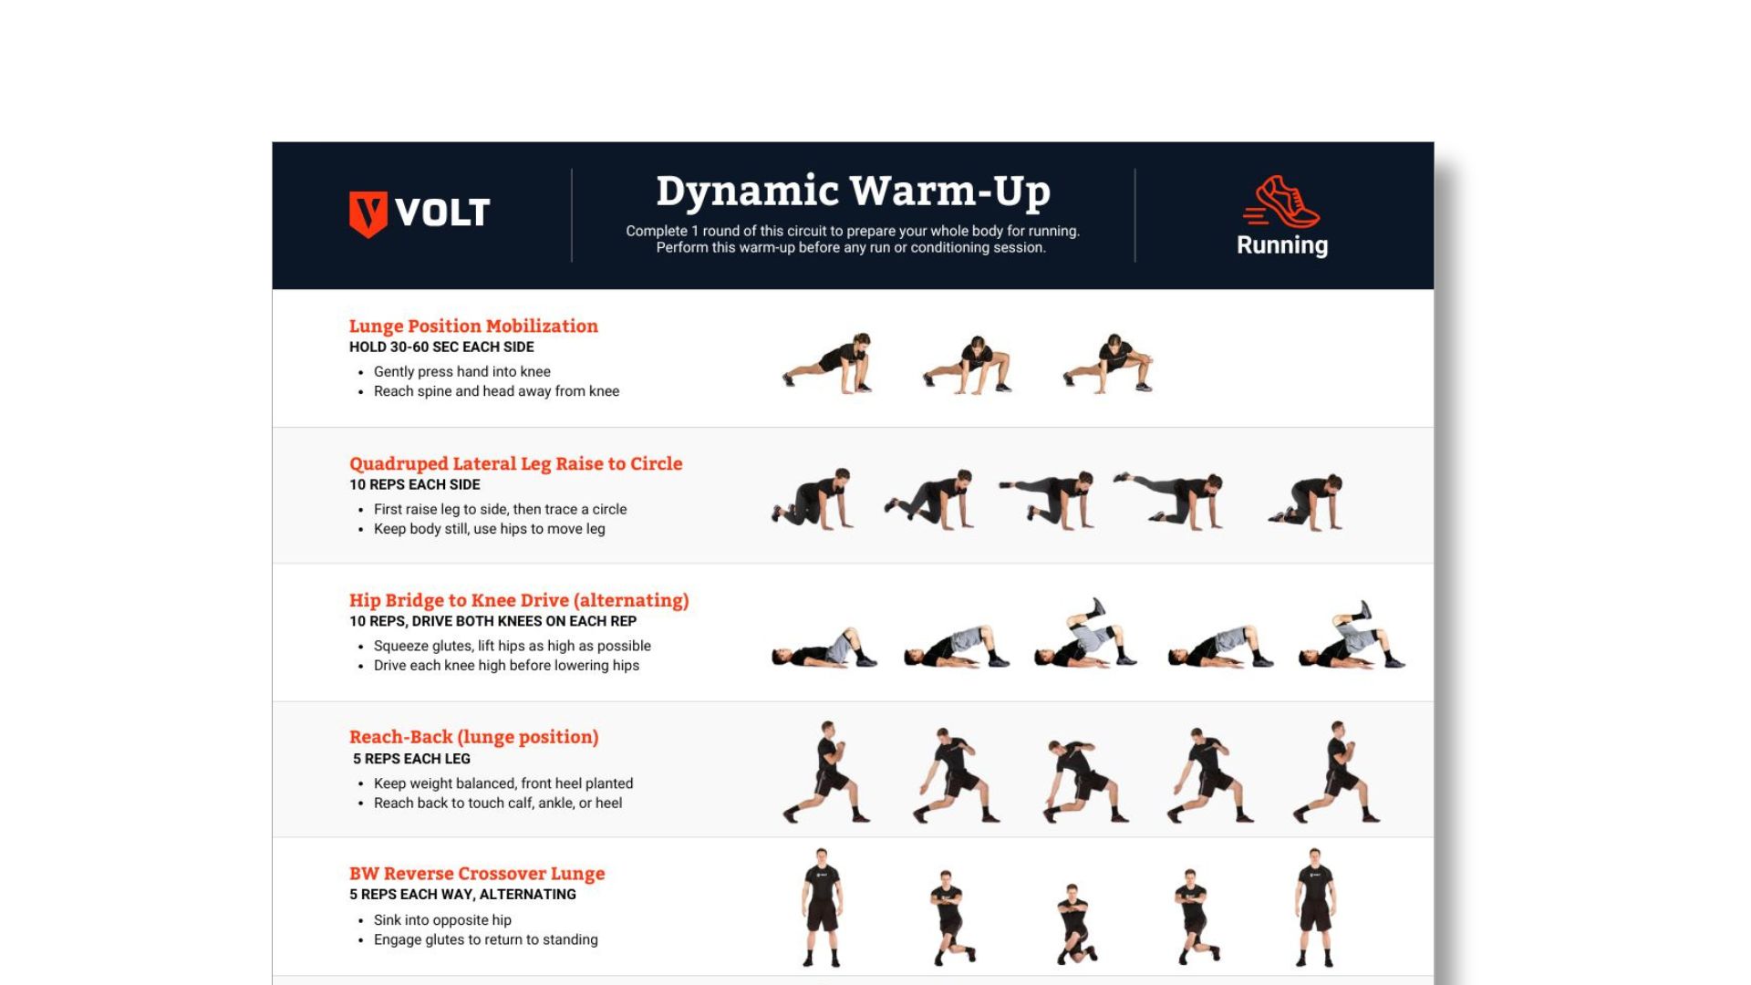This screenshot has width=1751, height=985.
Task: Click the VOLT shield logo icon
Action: click(368, 214)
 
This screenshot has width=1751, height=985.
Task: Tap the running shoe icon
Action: click(1281, 202)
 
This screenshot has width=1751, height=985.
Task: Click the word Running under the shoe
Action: click(1282, 245)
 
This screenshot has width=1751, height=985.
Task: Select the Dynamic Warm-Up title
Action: click(854, 192)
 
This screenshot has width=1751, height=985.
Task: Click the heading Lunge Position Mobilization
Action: click(473, 326)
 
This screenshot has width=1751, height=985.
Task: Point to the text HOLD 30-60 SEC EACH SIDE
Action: click(441, 347)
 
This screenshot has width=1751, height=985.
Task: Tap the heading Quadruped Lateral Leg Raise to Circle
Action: click(515, 463)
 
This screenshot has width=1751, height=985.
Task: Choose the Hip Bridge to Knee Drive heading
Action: click(519, 600)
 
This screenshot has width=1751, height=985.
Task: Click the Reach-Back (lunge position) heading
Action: click(474, 737)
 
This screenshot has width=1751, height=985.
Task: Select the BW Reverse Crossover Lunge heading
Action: click(477, 874)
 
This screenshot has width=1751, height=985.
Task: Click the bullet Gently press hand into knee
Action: click(462, 371)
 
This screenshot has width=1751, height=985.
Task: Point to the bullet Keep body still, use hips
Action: click(490, 529)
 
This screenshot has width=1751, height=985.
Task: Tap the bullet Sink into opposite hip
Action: click(442, 920)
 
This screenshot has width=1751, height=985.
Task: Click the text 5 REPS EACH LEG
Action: click(411, 759)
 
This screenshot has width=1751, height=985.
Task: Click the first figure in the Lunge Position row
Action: click(828, 363)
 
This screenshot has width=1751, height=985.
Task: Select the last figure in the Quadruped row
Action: click(1306, 502)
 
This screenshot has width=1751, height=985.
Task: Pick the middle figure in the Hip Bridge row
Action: click(1085, 633)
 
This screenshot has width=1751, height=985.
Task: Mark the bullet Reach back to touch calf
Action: click(498, 804)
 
